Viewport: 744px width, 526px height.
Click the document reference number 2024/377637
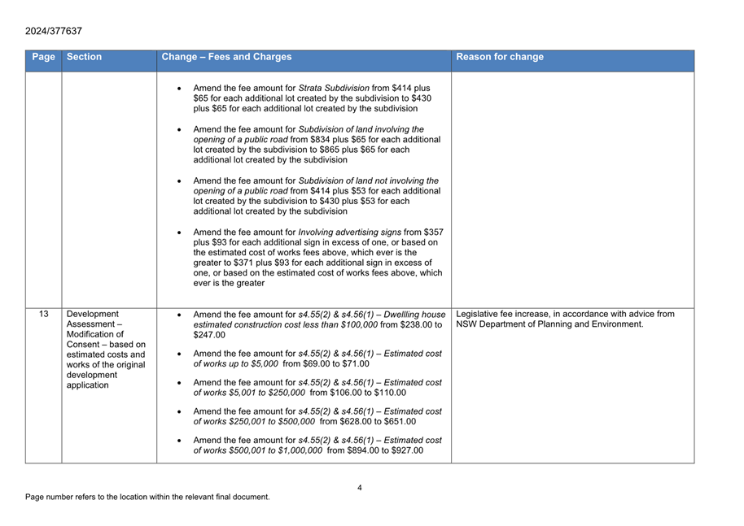54,31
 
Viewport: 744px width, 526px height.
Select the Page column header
43,57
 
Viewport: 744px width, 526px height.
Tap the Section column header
85,57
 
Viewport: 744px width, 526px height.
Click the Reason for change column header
500,57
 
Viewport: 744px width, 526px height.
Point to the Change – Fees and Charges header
226,57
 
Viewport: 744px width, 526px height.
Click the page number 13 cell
43,315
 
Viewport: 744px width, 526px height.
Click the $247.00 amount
209,335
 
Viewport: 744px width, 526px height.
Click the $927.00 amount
407,451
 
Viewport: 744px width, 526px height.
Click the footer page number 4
360,488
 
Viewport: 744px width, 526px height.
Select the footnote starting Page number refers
147,497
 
